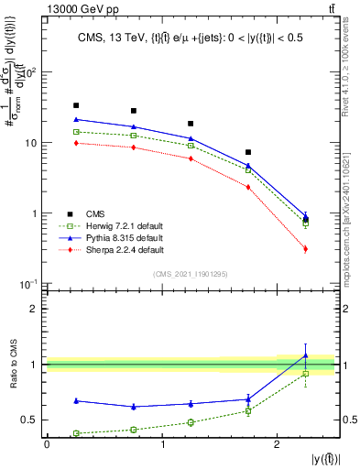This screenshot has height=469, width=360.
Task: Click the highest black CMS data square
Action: (x=76, y=105)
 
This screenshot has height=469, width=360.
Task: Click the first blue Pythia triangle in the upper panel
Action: (x=76, y=119)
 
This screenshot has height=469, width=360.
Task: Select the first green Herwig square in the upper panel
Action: (x=76, y=132)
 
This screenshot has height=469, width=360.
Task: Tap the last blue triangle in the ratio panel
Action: (x=306, y=355)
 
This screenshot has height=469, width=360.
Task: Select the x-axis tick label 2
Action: (x=277, y=445)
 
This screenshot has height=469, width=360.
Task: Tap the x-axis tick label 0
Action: (x=47, y=445)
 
